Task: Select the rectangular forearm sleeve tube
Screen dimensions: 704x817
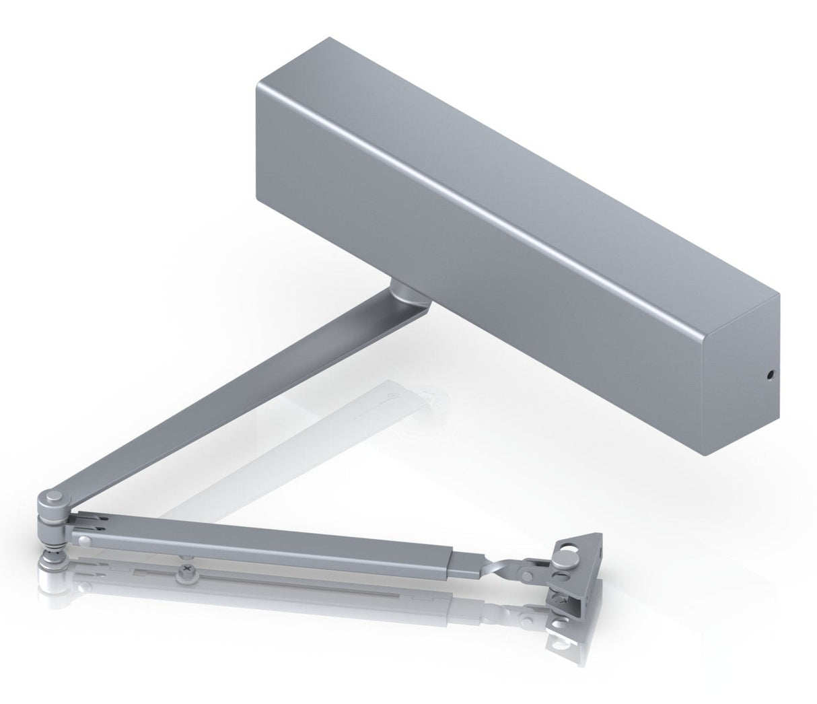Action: point(269,538)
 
